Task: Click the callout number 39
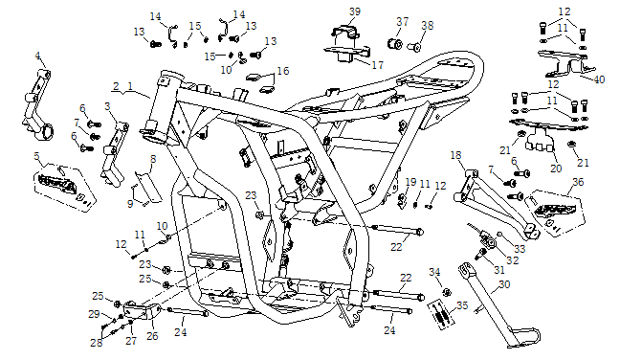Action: (355, 11)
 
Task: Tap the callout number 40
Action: (600, 79)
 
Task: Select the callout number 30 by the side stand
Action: (504, 284)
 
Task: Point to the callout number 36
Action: (578, 182)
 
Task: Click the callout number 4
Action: (37, 56)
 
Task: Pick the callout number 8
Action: (153, 159)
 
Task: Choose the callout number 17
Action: (378, 64)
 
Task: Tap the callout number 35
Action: (462, 305)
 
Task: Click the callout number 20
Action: (556, 169)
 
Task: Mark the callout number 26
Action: (152, 336)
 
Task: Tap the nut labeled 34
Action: (447, 292)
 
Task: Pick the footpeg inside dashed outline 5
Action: (57, 184)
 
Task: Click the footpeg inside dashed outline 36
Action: (549, 209)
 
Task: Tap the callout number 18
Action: (455, 155)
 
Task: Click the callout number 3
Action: (107, 106)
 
